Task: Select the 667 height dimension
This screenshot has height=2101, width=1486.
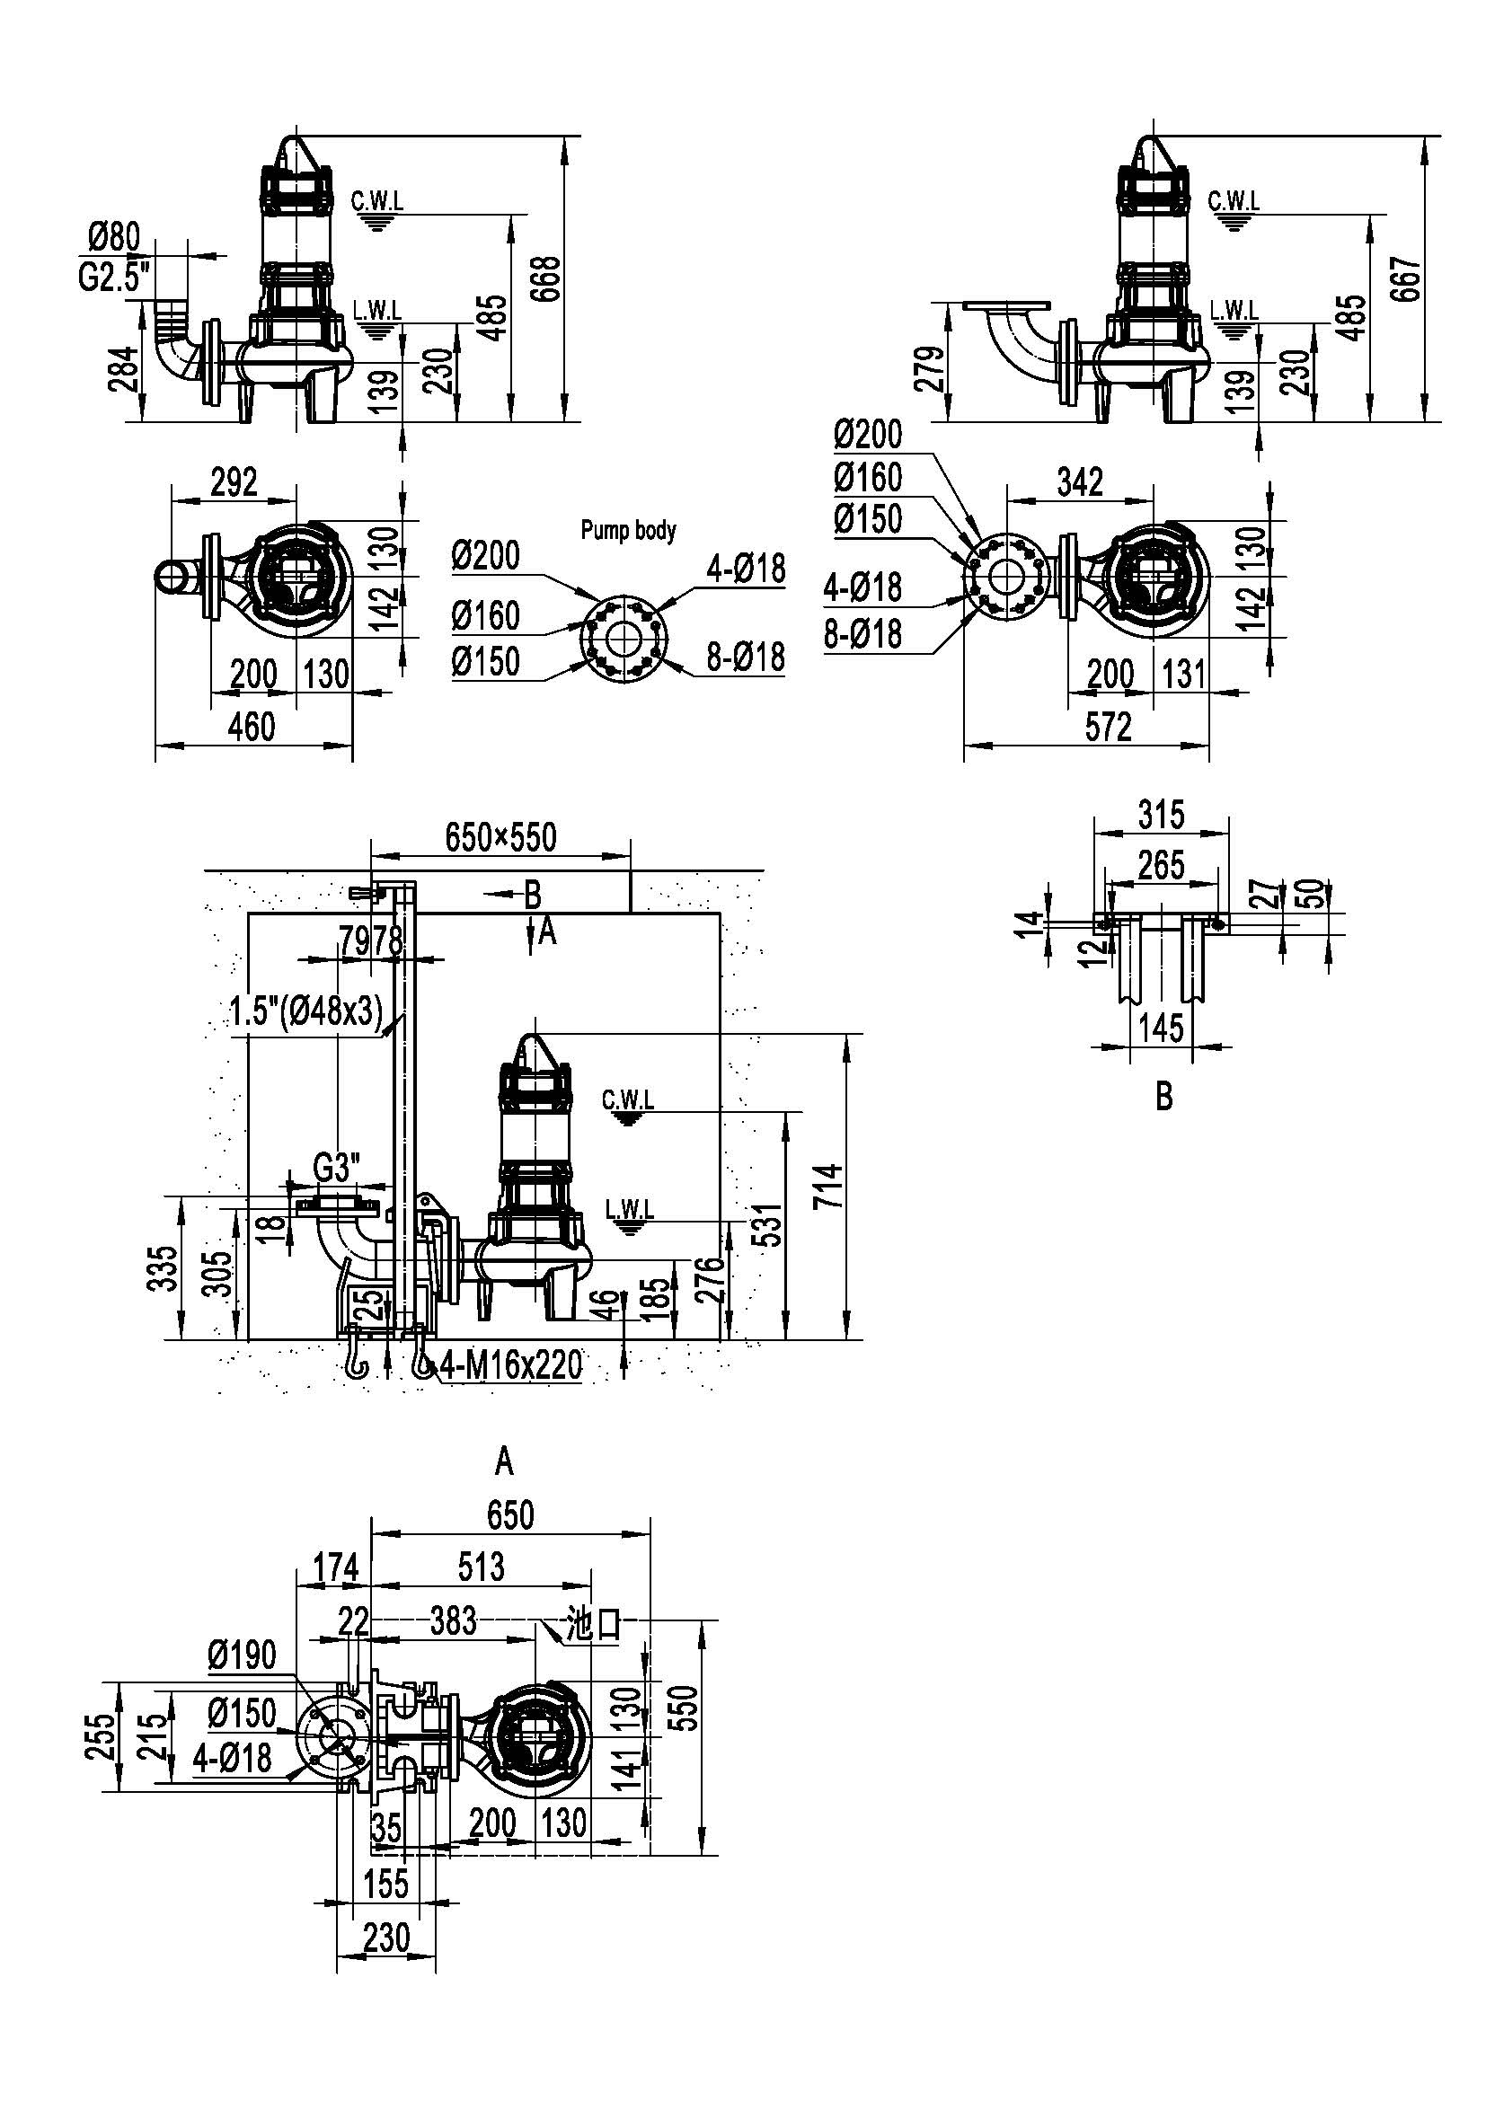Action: point(1406,278)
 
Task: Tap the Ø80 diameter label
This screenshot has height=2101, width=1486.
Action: point(114,238)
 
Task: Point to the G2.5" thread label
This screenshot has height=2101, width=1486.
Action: point(113,276)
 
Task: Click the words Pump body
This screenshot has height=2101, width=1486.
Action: point(629,530)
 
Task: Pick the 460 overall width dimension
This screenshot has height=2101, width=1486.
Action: point(251,727)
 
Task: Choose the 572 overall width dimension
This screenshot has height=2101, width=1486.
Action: point(1108,727)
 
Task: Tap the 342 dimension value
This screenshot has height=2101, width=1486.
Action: point(1080,481)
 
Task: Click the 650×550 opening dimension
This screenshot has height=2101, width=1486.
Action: point(500,836)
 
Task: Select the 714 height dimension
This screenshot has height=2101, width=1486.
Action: point(830,1186)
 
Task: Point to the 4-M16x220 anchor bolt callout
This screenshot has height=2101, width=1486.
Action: point(510,1365)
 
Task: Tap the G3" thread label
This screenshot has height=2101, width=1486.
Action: point(337,1168)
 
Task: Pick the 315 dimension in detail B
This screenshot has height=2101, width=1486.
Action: point(1161,814)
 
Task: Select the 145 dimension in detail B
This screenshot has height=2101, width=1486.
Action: point(1161,1028)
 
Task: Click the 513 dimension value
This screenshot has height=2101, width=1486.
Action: point(481,1567)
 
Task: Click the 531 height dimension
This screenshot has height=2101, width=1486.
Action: point(772,1224)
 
